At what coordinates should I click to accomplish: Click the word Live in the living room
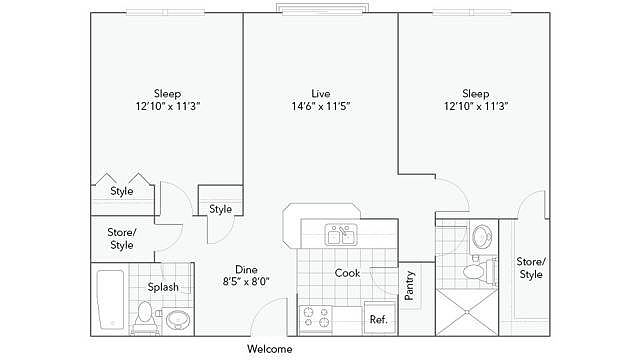(320, 93)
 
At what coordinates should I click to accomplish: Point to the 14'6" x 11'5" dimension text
(321, 107)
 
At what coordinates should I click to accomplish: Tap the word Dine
(246, 269)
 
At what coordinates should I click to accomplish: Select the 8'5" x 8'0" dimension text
(246, 282)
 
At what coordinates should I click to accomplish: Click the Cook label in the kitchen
(347, 273)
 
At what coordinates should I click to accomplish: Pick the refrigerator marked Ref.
(379, 318)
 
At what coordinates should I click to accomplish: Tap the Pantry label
(409, 285)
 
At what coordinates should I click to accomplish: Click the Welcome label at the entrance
(269, 349)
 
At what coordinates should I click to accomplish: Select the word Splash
(163, 287)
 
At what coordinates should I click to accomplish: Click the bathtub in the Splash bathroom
(110, 299)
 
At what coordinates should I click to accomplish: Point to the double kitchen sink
(341, 235)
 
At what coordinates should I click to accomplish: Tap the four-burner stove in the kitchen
(316, 318)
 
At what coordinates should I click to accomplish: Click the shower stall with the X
(467, 312)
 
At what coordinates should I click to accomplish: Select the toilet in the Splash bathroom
(144, 316)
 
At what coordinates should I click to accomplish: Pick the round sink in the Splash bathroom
(178, 319)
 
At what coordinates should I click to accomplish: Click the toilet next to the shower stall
(480, 271)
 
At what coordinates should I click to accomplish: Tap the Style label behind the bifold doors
(122, 191)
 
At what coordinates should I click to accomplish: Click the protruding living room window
(322, 9)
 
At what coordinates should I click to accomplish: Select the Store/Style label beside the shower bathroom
(531, 268)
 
